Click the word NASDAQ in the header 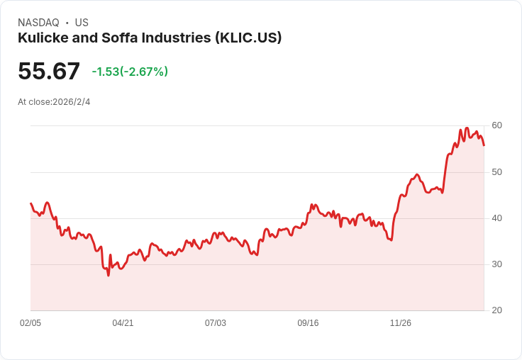tap(38, 23)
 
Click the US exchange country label tap(82, 23)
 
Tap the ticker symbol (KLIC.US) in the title tap(248, 38)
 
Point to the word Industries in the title tap(177, 38)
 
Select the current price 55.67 tap(49, 72)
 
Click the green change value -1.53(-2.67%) tap(130, 72)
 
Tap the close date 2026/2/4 tap(72, 102)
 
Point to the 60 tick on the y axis tap(497, 125)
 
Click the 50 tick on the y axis tap(497, 172)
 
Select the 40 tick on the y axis tap(497, 218)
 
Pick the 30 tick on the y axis tap(497, 264)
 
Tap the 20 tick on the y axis tap(497, 310)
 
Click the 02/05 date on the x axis tap(30, 323)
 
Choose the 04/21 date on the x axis tap(123, 323)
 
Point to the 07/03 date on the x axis tap(216, 323)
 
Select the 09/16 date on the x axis tap(308, 323)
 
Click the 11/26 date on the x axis tap(401, 323)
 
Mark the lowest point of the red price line tap(109, 275)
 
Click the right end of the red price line tap(484, 145)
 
